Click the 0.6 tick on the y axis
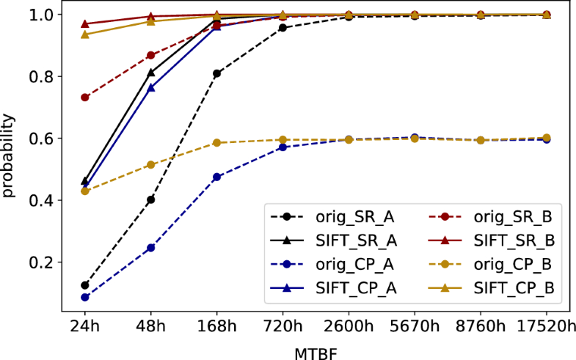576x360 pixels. (x=35, y=139)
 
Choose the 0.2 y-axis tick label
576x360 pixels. (x=35, y=262)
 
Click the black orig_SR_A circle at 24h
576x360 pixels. (x=85, y=285)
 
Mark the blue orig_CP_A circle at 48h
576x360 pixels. (x=151, y=248)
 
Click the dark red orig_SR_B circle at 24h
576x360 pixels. (x=85, y=98)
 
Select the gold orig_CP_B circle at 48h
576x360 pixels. (x=151, y=165)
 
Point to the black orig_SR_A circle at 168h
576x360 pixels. (x=216, y=73)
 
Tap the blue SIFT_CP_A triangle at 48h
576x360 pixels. (x=151, y=87)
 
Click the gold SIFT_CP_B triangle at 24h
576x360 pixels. (x=85, y=34)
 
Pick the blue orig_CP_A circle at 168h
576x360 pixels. (x=216, y=177)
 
